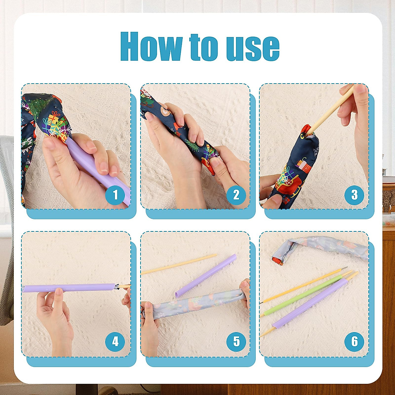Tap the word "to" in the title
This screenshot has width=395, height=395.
pos(203,47)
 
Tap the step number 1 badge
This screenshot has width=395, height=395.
pos(115,195)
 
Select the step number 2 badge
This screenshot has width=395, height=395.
pos(236,195)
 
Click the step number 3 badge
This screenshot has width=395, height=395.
pos(354,195)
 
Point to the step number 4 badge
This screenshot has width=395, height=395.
pos(115,341)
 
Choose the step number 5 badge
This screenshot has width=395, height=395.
pos(236,341)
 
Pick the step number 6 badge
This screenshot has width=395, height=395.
pos(354,341)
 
